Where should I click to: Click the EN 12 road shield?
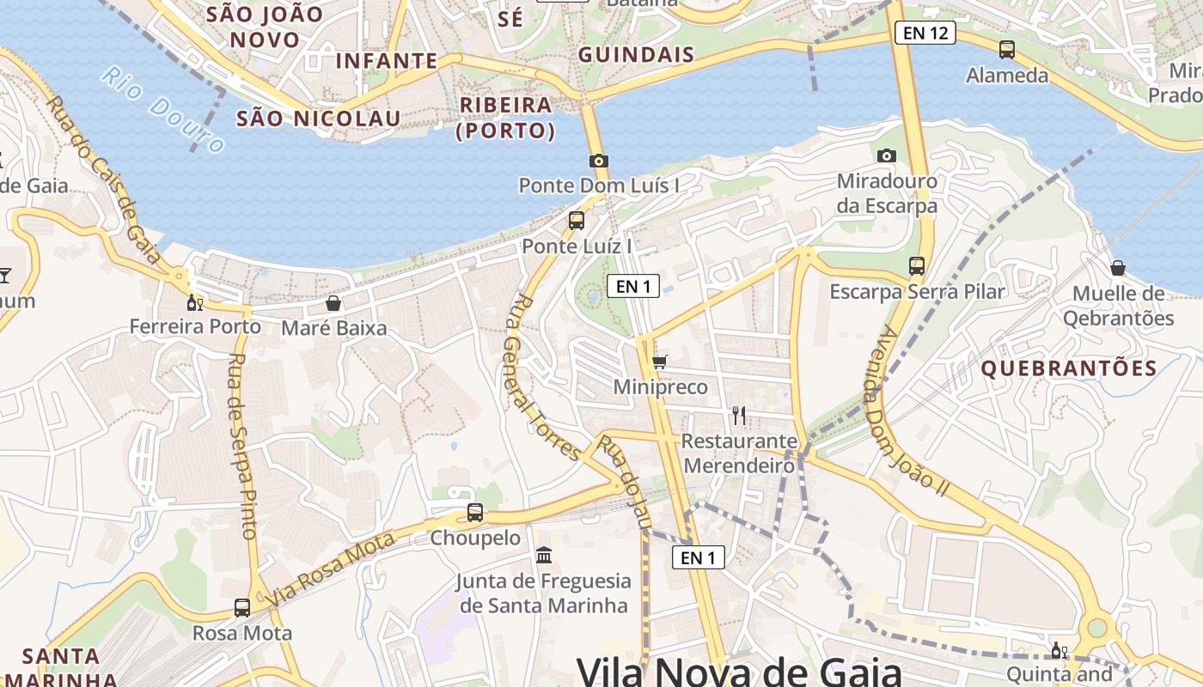[925, 33]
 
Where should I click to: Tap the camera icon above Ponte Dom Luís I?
[599, 161]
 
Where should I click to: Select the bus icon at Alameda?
[1007, 50]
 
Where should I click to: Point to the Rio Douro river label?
[162, 110]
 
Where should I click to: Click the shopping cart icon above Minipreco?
[660, 362]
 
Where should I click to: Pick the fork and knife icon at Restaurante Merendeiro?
[739, 416]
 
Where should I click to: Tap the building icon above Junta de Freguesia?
[544, 556]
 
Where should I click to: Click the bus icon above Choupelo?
[475, 513]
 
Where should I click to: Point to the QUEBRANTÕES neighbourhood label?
[1069, 368]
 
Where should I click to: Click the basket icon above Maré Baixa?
[333, 303]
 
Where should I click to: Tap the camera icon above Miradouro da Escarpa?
[887, 155]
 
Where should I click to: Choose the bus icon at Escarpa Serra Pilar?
[917, 266]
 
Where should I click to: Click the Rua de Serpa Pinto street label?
[244, 447]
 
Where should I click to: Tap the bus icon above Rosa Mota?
[242, 608]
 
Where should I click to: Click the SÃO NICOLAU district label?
[318, 119]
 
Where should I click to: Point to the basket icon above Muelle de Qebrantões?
[1118, 268]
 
